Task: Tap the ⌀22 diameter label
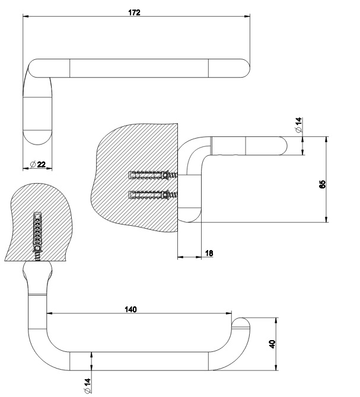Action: tap(37, 164)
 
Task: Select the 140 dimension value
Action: tap(130, 309)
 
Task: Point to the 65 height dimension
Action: tap(322, 184)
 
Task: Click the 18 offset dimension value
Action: tap(209, 253)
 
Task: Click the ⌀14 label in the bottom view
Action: tap(87, 385)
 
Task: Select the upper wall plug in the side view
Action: tap(153, 175)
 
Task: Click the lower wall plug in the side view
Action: tap(153, 195)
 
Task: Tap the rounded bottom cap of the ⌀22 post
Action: tap(38, 138)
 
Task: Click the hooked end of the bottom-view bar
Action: tap(242, 324)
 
